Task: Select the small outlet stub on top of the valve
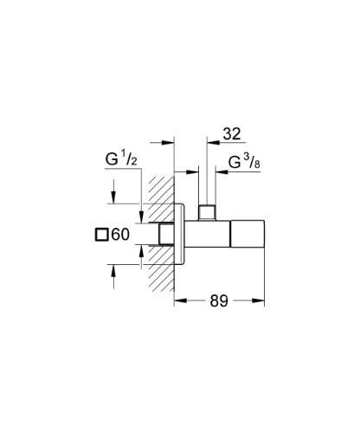tap(207, 212)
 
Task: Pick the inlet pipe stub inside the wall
tap(164, 235)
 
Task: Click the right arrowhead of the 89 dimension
tap(260, 301)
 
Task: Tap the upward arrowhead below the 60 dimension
tap(113, 268)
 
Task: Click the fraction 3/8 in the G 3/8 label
tap(260, 162)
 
